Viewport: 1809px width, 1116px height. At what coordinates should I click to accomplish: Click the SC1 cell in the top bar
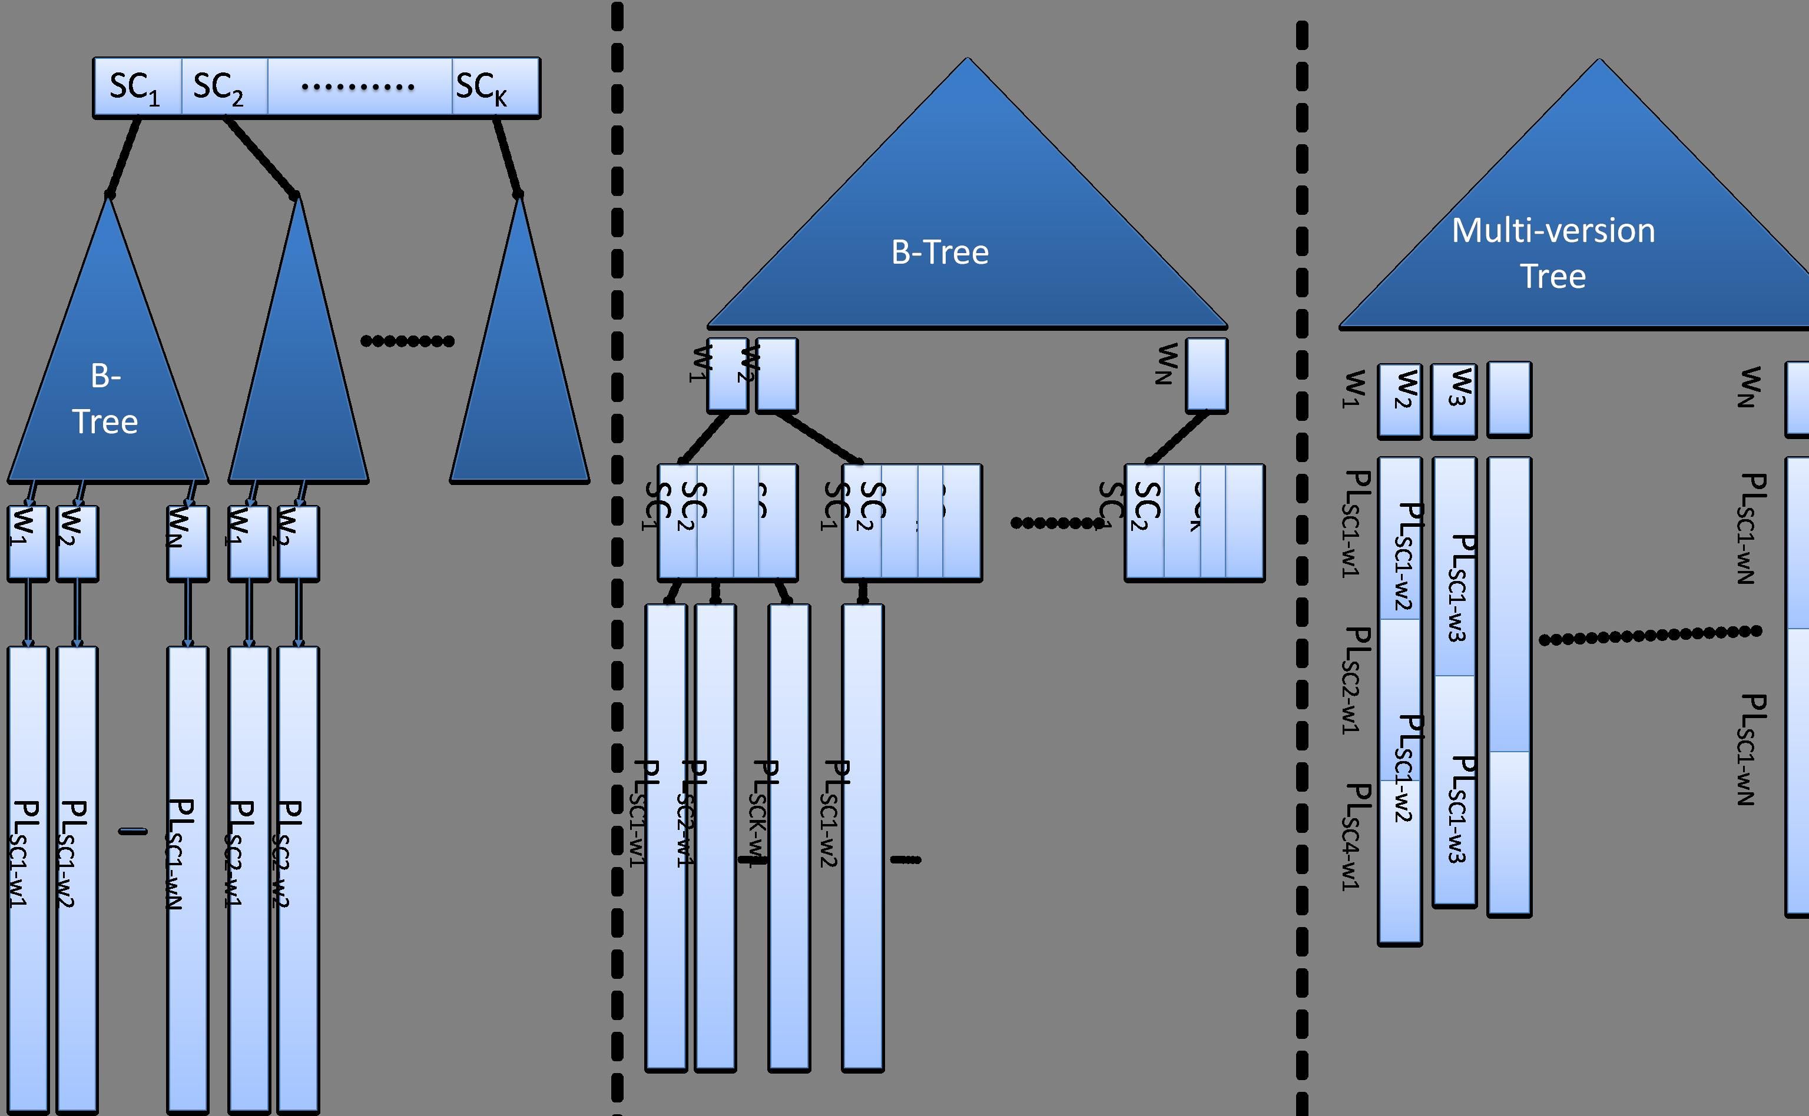(x=137, y=87)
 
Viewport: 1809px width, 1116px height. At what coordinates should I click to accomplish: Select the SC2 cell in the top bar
(x=224, y=87)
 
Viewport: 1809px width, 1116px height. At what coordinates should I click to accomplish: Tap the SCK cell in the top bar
(x=495, y=87)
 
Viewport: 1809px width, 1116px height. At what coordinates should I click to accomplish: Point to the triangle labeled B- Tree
(x=107, y=384)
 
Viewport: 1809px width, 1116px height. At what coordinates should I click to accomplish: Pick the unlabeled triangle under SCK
(x=520, y=384)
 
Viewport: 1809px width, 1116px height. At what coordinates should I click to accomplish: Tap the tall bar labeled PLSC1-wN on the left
(x=187, y=878)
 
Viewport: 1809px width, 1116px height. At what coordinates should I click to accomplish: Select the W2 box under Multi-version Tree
(x=1400, y=400)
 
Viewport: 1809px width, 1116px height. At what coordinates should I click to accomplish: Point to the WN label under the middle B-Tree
(x=1166, y=363)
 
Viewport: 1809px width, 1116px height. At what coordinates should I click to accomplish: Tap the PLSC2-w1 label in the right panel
(x=1356, y=679)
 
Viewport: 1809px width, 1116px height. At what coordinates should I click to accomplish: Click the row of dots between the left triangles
(x=407, y=341)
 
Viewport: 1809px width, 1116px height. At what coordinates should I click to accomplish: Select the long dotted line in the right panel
(x=1650, y=635)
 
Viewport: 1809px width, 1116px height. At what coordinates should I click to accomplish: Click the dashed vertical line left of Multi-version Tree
(x=1302, y=561)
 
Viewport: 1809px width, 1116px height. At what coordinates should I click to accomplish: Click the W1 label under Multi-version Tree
(x=1353, y=388)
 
